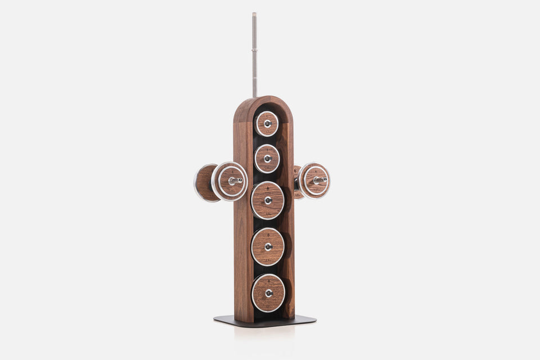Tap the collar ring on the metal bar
(x=254, y=54)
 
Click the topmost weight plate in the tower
(x=267, y=124)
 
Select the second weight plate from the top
(x=267, y=159)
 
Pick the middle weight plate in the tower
(x=268, y=200)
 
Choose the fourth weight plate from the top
(x=268, y=246)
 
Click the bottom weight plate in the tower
(x=268, y=293)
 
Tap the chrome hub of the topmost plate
(x=267, y=123)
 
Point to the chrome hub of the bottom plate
(x=269, y=293)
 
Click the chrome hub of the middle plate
(x=268, y=200)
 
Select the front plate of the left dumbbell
(x=229, y=181)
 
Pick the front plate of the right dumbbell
(x=314, y=181)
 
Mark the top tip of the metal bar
(x=254, y=14)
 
